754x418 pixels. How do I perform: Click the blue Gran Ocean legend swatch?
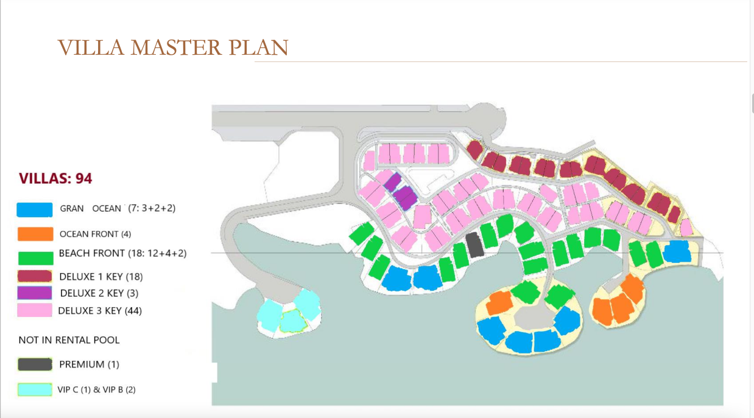click(x=35, y=209)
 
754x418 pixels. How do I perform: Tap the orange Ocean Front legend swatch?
click(x=35, y=234)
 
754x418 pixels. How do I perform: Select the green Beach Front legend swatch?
click(x=36, y=258)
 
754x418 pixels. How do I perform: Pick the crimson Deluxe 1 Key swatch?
click(x=35, y=276)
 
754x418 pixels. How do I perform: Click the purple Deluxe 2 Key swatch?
click(x=35, y=293)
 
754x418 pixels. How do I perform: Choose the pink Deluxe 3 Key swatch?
click(x=35, y=310)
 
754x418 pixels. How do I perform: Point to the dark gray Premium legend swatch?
click(x=35, y=364)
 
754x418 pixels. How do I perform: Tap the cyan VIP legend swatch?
click(x=35, y=389)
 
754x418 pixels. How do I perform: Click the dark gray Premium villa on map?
click(x=474, y=245)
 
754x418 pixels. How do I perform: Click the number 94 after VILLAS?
click(x=84, y=178)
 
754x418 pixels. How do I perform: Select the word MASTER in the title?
click(x=176, y=47)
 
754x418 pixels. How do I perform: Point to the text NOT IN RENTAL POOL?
click(x=69, y=340)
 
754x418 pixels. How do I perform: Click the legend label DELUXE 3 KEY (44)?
click(x=100, y=311)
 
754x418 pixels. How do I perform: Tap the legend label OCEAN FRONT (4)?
click(x=95, y=234)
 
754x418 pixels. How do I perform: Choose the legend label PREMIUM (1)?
click(x=89, y=364)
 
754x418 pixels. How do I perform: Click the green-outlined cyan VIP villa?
click(x=293, y=321)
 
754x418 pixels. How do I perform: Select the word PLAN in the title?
click(x=258, y=47)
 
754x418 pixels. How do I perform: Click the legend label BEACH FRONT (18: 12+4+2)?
click(x=122, y=253)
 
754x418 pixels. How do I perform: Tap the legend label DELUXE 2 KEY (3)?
click(x=99, y=293)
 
